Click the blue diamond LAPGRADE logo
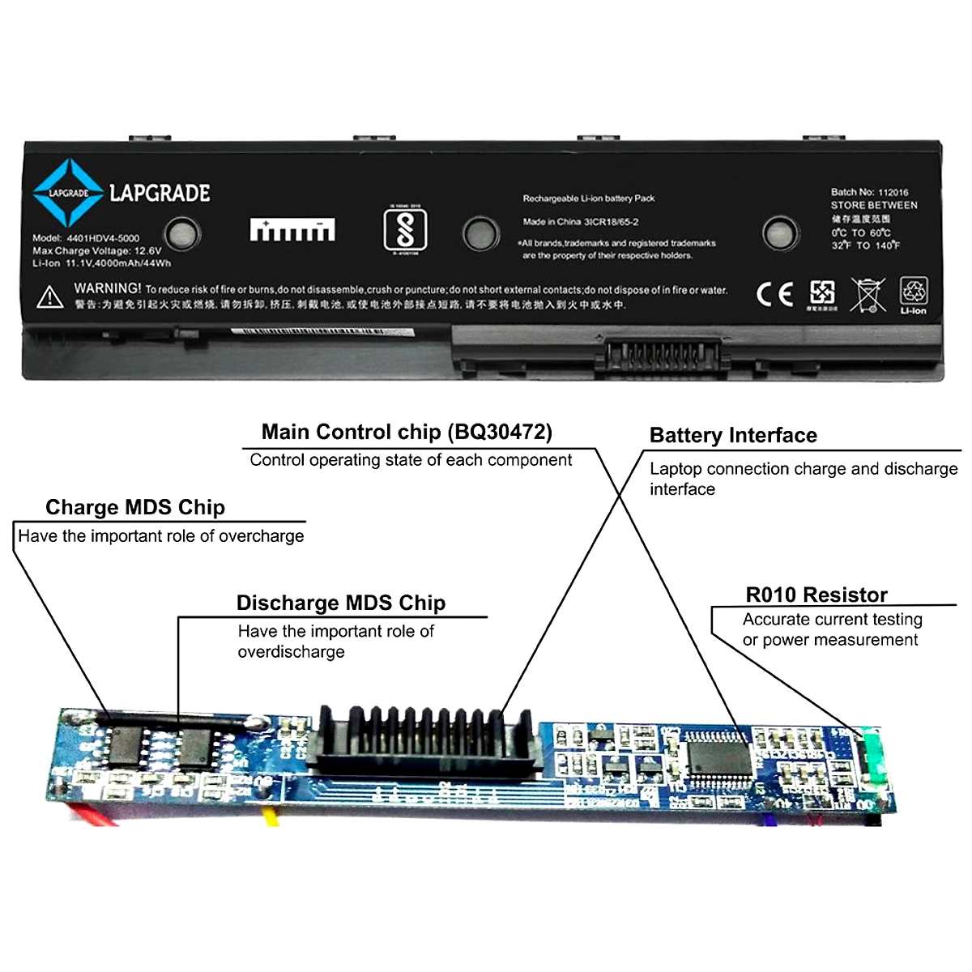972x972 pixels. tap(68, 193)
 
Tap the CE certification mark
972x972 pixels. tap(774, 294)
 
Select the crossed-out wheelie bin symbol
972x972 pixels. tap(868, 295)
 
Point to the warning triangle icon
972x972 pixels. tap(50, 297)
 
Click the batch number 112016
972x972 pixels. tap(893, 192)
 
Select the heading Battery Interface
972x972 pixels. tap(733, 436)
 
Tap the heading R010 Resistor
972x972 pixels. tap(816, 595)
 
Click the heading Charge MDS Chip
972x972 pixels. tap(135, 508)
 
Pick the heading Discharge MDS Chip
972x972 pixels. tap(340, 603)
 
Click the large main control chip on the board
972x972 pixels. tap(718, 755)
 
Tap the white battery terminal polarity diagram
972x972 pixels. tap(292, 230)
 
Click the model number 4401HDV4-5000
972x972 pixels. tap(103, 238)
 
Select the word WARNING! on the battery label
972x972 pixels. tap(108, 288)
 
